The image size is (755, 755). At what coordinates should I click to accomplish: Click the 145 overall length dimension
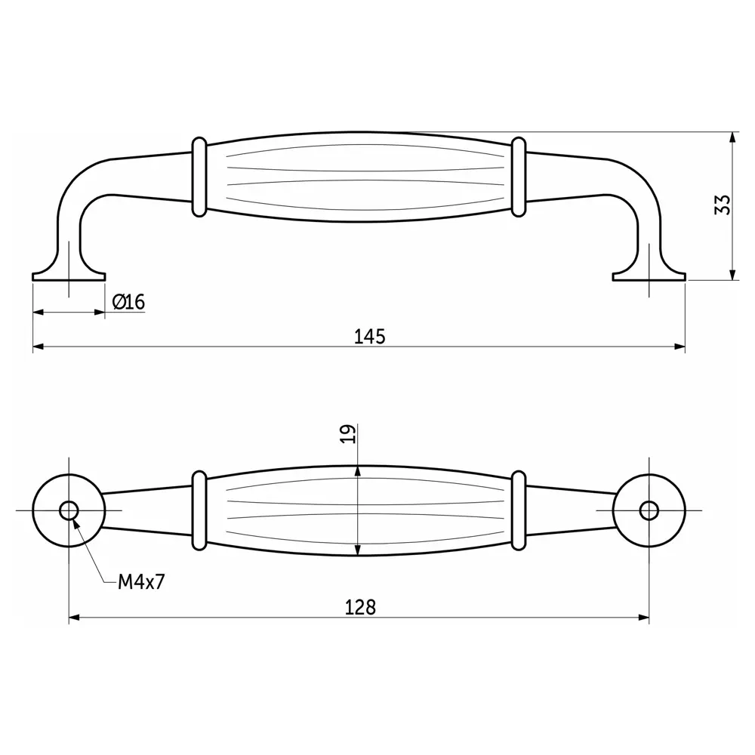pyautogui.click(x=370, y=336)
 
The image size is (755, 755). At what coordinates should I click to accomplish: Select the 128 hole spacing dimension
pyautogui.click(x=360, y=607)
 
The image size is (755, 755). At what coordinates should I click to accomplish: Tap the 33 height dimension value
pyautogui.click(x=723, y=205)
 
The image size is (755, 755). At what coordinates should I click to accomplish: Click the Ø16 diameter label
pyautogui.click(x=128, y=303)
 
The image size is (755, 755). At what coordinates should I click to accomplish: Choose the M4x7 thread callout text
pyautogui.click(x=141, y=582)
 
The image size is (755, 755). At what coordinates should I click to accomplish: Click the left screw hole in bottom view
pyautogui.click(x=69, y=510)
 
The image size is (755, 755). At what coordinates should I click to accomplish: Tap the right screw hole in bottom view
pyautogui.click(x=649, y=510)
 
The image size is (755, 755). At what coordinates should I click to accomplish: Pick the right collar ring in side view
pyautogui.click(x=518, y=177)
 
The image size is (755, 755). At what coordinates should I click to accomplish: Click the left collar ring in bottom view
pyautogui.click(x=199, y=510)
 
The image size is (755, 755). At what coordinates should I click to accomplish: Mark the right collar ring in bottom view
pyautogui.click(x=518, y=510)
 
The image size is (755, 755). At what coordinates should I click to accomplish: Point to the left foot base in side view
pyautogui.click(x=69, y=275)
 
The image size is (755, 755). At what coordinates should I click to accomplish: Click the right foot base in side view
pyautogui.click(x=649, y=275)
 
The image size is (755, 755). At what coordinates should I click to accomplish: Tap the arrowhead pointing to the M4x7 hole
pyautogui.click(x=76, y=523)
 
